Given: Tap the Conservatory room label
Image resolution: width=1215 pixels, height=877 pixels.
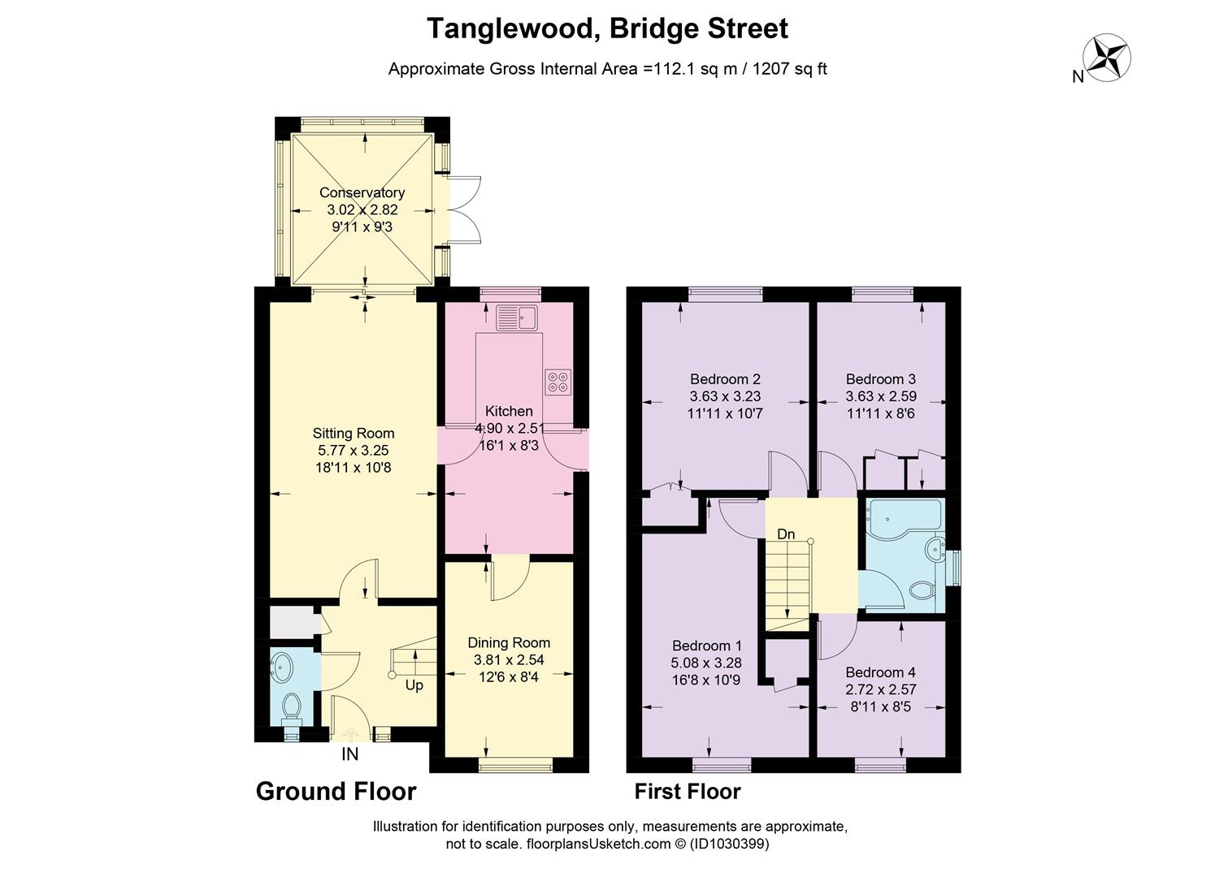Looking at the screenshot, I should [x=362, y=193].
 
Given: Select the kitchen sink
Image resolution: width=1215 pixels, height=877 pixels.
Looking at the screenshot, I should [x=517, y=317].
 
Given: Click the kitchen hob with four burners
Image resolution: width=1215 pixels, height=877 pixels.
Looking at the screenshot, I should [x=558, y=382].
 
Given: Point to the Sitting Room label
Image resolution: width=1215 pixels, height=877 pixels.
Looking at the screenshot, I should [x=354, y=434].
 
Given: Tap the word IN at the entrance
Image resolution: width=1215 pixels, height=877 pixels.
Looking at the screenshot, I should [x=349, y=754].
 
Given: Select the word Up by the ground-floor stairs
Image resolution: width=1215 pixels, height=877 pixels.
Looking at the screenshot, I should [x=414, y=685].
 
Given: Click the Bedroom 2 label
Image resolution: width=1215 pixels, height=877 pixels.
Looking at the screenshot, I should [x=725, y=379].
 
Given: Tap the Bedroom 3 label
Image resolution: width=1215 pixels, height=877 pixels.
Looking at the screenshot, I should [x=880, y=379].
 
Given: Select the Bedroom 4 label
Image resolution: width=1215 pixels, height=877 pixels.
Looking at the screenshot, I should [x=880, y=672].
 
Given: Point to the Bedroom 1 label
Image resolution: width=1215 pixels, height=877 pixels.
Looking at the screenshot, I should [x=707, y=646].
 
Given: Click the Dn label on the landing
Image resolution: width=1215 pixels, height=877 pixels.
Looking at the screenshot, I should [x=786, y=534].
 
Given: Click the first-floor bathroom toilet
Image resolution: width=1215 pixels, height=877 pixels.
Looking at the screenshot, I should [x=922, y=590].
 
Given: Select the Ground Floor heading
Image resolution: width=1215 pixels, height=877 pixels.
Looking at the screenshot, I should [x=336, y=791].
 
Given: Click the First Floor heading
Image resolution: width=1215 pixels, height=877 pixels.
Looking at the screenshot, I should [x=688, y=791].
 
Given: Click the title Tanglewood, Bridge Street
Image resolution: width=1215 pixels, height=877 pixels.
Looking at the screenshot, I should [x=607, y=29].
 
